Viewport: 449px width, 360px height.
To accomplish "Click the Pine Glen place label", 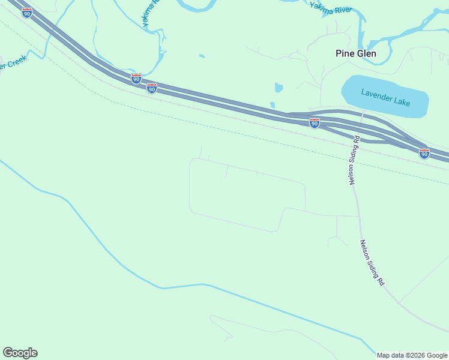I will click(x=355, y=53).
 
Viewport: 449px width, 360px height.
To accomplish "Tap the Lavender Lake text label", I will click(x=385, y=97).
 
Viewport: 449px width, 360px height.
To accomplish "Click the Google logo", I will click(x=20, y=353).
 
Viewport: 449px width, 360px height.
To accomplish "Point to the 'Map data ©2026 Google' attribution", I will click(x=412, y=355).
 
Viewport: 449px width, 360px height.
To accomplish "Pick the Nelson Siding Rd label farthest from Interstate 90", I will click(x=372, y=262).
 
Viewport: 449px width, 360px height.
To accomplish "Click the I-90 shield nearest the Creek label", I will click(x=27, y=13).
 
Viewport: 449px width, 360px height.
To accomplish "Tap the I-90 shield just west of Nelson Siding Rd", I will click(x=314, y=123).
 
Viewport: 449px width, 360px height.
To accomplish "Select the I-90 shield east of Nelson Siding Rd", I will click(x=424, y=154).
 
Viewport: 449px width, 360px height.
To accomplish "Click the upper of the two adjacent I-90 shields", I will click(x=136, y=79).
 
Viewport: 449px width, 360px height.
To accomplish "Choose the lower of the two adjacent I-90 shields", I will click(x=152, y=89).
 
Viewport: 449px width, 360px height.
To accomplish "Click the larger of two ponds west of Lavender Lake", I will click(x=279, y=88).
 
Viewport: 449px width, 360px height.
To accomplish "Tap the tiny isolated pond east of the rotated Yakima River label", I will click(x=202, y=56).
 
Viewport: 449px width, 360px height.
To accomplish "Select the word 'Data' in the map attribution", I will click(x=400, y=355).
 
